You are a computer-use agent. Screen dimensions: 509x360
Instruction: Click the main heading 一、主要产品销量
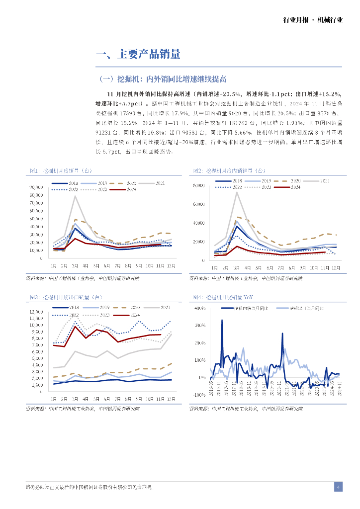138,55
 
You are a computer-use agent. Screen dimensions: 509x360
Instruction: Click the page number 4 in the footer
338,487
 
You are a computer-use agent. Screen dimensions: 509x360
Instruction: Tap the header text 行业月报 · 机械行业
313,20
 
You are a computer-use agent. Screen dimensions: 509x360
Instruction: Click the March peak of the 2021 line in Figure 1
75,196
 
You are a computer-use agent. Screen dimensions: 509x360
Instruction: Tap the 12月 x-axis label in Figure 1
171,265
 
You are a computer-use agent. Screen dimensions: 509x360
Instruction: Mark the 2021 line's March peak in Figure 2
237,192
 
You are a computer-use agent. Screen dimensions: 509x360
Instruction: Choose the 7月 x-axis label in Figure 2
280,268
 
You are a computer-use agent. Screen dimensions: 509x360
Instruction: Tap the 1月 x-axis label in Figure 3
53,399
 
